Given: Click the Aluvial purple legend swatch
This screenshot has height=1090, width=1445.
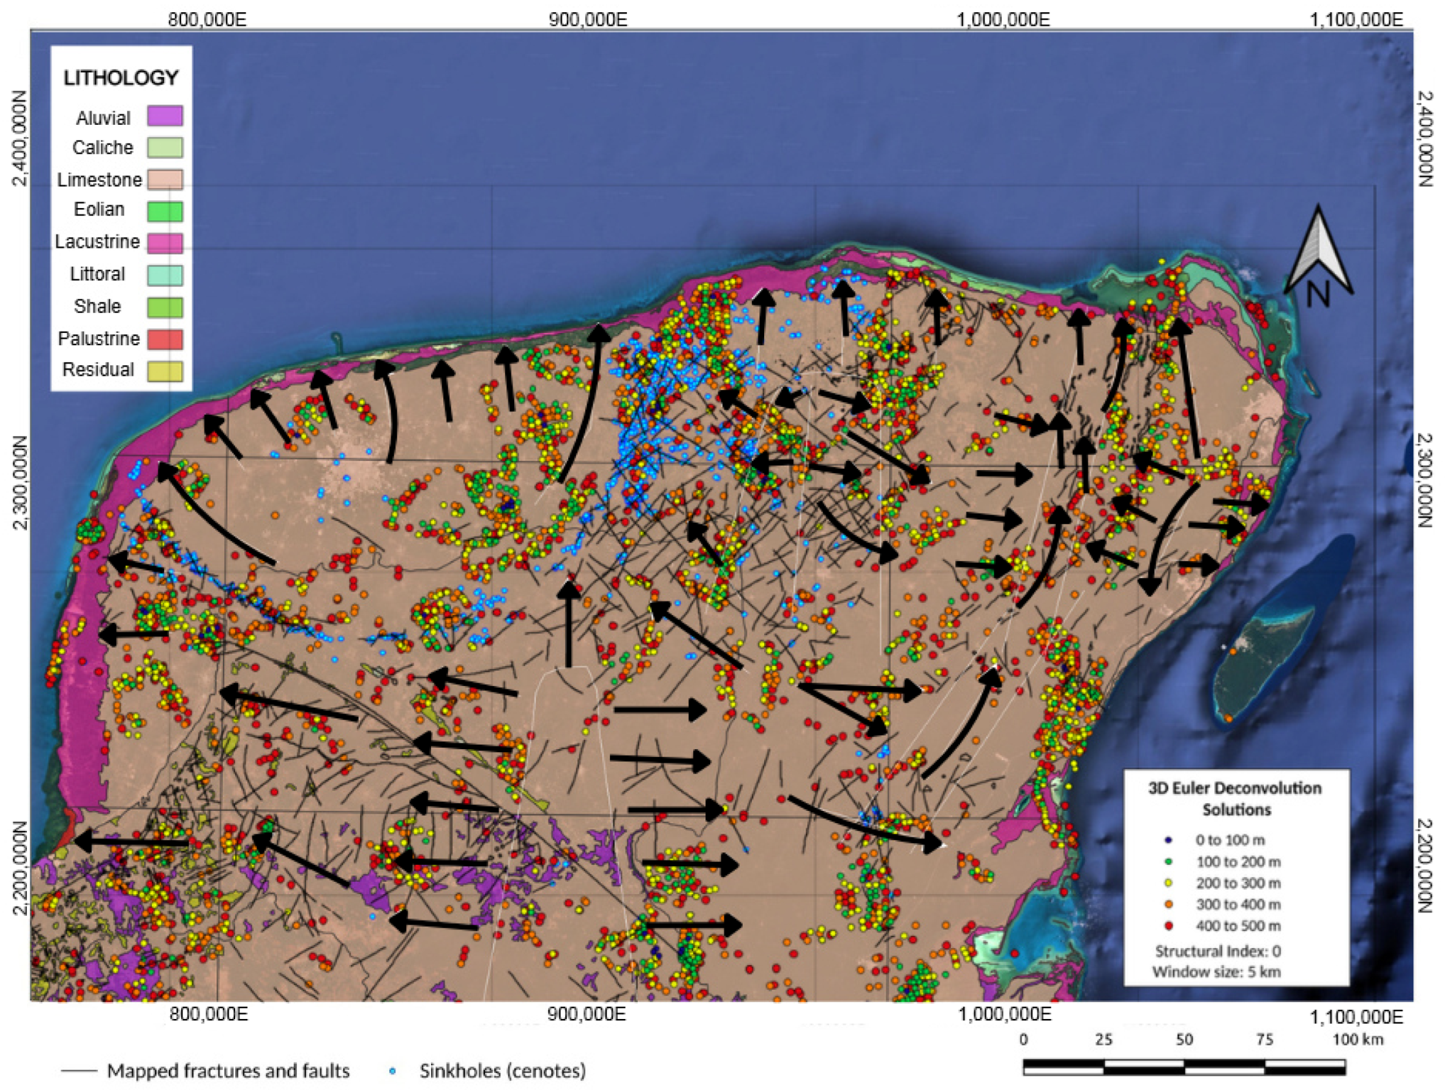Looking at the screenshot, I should (165, 116).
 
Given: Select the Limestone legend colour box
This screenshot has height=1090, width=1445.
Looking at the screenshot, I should (165, 179).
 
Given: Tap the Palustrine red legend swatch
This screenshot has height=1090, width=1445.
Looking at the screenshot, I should (165, 339).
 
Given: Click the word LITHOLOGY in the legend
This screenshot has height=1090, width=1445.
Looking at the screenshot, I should (121, 78).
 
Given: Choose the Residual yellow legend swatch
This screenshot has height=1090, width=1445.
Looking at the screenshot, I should (165, 370).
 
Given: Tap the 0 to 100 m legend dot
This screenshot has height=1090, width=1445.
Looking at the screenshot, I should (1169, 840).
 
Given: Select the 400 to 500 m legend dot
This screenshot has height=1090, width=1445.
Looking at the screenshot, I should (1169, 925).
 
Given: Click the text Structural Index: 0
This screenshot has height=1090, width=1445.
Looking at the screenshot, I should (1217, 951).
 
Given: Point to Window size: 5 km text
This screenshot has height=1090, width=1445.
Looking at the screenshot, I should (1217, 972).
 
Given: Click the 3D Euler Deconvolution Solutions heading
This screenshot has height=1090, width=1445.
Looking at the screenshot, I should (1236, 799).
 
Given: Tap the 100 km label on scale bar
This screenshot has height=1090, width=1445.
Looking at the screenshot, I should (1357, 1040).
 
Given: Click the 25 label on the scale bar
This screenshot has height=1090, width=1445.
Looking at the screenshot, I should (1103, 1040).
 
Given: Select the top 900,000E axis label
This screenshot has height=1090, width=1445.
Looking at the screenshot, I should (588, 20).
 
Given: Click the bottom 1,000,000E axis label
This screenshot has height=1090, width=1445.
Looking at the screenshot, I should (1004, 1014).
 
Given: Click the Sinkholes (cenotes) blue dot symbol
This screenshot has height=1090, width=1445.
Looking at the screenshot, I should (392, 1072).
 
